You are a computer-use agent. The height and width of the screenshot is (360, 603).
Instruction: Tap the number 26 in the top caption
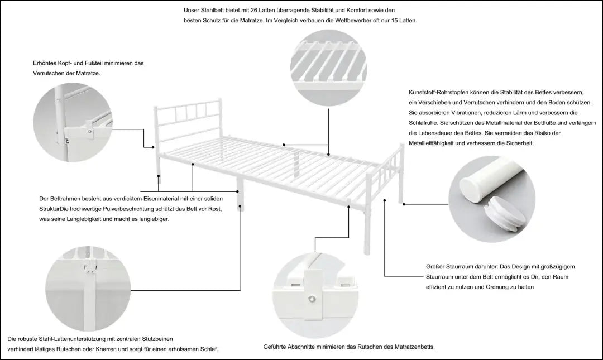tap(248, 11)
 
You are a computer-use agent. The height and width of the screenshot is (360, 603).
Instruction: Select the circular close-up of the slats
tap(328, 68)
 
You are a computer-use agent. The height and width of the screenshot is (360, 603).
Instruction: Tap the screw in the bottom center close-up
tap(311, 298)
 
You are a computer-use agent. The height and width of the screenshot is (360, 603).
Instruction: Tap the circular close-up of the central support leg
tap(88, 289)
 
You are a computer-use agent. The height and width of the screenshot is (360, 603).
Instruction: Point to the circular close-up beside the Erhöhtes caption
tap(73, 122)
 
